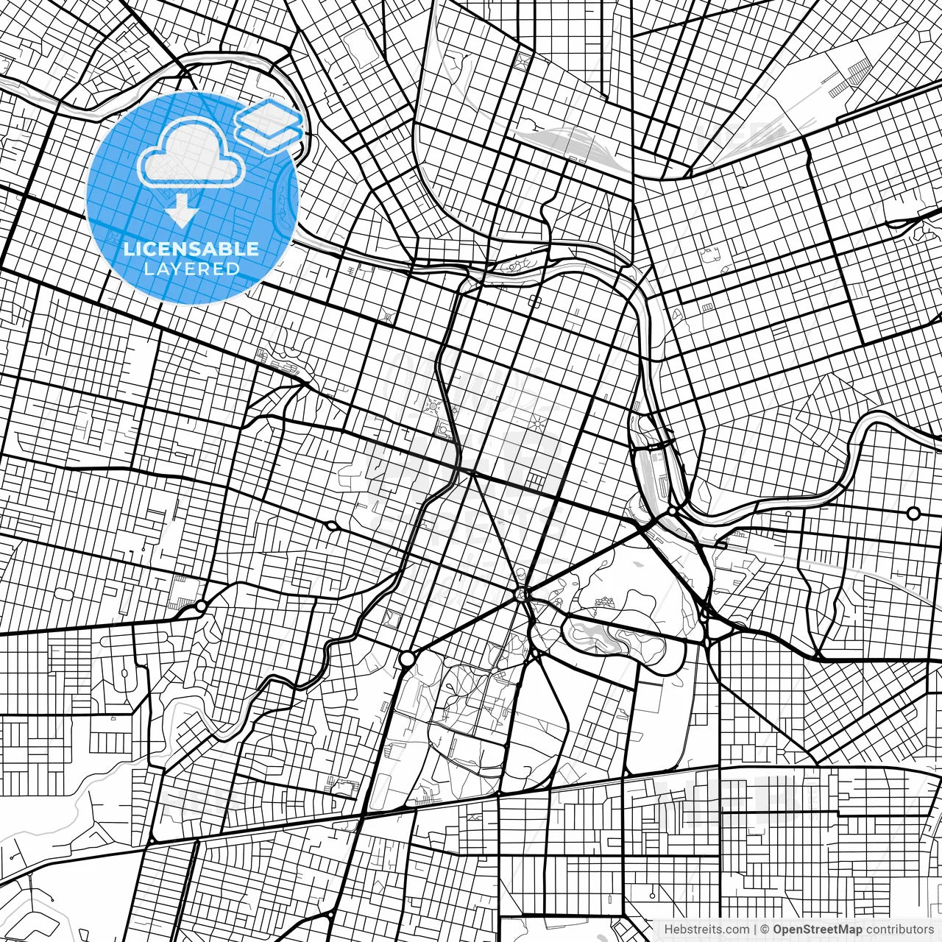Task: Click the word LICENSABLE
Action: tap(191, 249)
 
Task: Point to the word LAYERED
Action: tap(191, 269)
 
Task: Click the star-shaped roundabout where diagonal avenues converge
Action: tap(523, 593)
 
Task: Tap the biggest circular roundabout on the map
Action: tap(406, 659)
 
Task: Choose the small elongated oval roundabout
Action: tap(331, 525)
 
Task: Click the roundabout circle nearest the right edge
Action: tap(913, 513)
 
